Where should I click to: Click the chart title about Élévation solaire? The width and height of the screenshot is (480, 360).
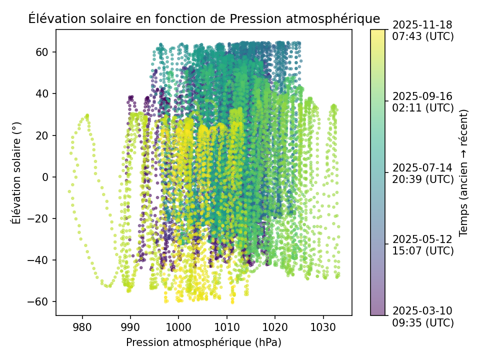click(x=204, y=19)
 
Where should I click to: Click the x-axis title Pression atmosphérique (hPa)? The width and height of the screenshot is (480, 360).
click(x=203, y=342)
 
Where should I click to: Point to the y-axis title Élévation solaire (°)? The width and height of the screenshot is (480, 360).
click(x=17, y=172)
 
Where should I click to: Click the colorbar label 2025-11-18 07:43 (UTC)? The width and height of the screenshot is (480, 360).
click(x=423, y=30)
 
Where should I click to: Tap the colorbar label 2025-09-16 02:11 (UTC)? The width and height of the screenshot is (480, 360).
click(x=423, y=101)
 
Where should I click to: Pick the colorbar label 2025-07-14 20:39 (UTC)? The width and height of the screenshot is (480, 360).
click(x=423, y=173)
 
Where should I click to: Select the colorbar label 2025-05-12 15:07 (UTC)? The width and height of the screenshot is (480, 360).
click(x=423, y=244)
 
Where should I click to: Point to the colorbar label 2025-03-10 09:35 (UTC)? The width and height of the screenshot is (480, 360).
click(x=423, y=316)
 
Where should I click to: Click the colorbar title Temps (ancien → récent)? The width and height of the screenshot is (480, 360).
click(x=463, y=172)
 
